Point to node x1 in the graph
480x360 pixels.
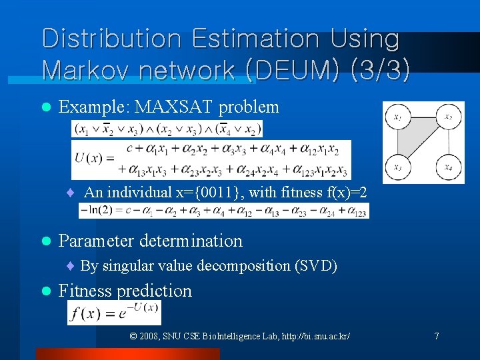[398, 118]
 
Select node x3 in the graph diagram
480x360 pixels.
[398, 167]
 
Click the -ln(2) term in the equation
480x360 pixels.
[96, 211]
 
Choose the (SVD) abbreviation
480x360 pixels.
[315, 266]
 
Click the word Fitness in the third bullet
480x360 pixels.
[86, 291]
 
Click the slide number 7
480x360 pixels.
[437, 335]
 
